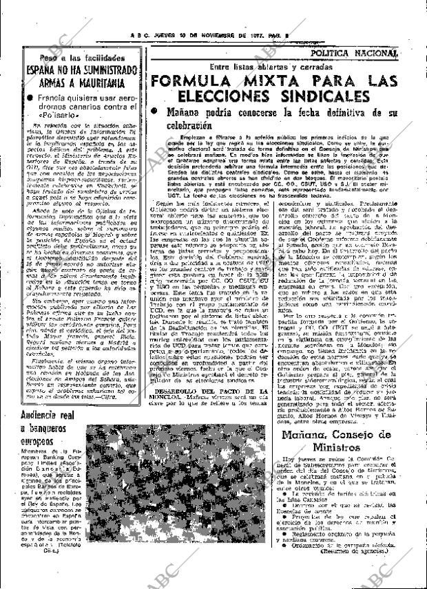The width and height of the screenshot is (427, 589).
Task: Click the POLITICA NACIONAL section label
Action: [353, 52]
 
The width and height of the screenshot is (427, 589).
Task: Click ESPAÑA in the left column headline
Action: [43, 71]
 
